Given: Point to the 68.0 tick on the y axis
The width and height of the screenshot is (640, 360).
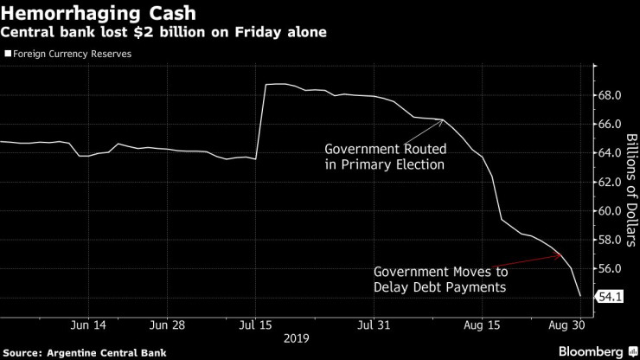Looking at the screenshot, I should [x=610, y=95].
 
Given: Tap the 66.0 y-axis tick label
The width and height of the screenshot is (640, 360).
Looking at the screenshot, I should [x=610, y=124].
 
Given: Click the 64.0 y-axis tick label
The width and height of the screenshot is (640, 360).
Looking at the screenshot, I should [x=610, y=153].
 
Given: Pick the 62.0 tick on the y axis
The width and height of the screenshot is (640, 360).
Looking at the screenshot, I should [x=610, y=182].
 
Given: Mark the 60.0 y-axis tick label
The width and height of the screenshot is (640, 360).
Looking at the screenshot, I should [x=610, y=211].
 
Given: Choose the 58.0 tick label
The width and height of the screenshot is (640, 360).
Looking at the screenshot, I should [x=610, y=240].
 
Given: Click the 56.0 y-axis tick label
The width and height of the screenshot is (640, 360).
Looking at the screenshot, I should [x=610, y=269].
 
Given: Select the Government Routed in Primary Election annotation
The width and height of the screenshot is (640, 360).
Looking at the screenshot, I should [x=384, y=155].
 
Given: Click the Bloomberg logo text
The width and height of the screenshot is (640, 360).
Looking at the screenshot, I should [x=592, y=351].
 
